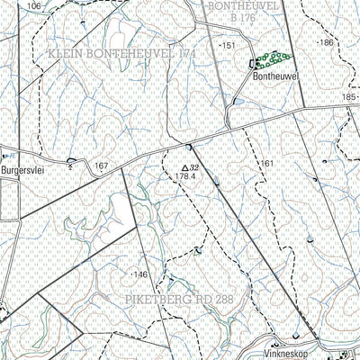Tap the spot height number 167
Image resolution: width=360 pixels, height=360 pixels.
point(101,166)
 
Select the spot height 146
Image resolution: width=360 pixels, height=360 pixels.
point(139,273)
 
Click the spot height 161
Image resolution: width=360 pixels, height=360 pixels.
point(266,163)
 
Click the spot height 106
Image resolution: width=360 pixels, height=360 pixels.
point(34,6)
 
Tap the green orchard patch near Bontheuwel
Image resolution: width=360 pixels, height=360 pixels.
point(266,61)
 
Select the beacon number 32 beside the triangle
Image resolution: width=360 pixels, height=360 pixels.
point(194,167)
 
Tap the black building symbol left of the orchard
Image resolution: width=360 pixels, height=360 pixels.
point(252,62)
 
